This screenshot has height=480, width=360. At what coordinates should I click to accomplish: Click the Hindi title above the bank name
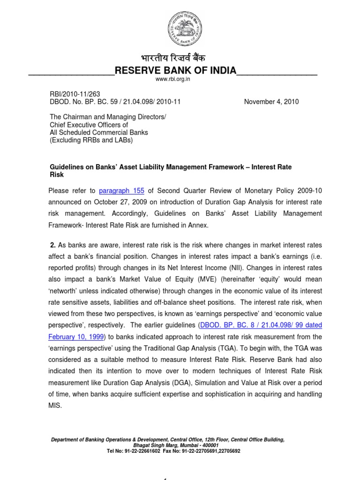pyautogui.click(x=174, y=59)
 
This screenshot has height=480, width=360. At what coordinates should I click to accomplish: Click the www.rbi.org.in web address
pyautogui.click(x=173, y=80)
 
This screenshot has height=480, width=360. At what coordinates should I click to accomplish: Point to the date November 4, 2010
pyautogui.click(x=271, y=101)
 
